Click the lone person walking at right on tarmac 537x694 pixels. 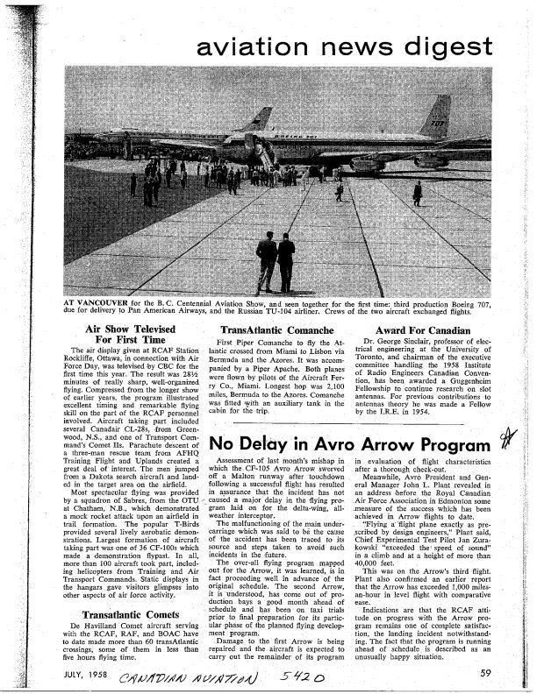click(x=418, y=189)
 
